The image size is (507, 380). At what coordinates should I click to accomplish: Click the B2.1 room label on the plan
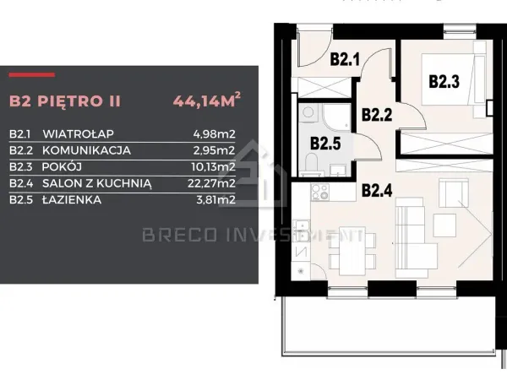345,59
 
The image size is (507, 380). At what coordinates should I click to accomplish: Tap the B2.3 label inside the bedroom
444,81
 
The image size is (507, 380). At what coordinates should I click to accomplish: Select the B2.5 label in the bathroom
325,144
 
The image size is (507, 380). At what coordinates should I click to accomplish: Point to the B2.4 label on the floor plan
377,190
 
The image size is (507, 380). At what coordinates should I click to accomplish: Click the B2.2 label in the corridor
377,115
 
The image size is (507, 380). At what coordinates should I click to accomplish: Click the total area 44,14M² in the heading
207,100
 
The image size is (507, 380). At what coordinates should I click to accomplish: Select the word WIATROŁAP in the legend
78,133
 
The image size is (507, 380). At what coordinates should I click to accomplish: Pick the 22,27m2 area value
211,183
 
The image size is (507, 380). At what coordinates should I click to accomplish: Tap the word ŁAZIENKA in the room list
72,199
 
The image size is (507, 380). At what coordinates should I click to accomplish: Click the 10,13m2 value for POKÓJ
213,166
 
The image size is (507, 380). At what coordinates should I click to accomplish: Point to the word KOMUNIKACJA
86,150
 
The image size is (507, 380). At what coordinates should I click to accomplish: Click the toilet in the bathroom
312,164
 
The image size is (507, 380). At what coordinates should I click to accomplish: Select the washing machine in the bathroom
308,113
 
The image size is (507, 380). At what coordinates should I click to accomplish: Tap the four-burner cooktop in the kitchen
320,193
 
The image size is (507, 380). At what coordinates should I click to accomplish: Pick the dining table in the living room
352,251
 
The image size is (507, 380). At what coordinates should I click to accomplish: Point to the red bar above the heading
32,75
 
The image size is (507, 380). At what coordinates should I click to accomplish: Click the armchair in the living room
454,193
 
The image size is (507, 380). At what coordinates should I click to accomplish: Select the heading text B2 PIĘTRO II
65,100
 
